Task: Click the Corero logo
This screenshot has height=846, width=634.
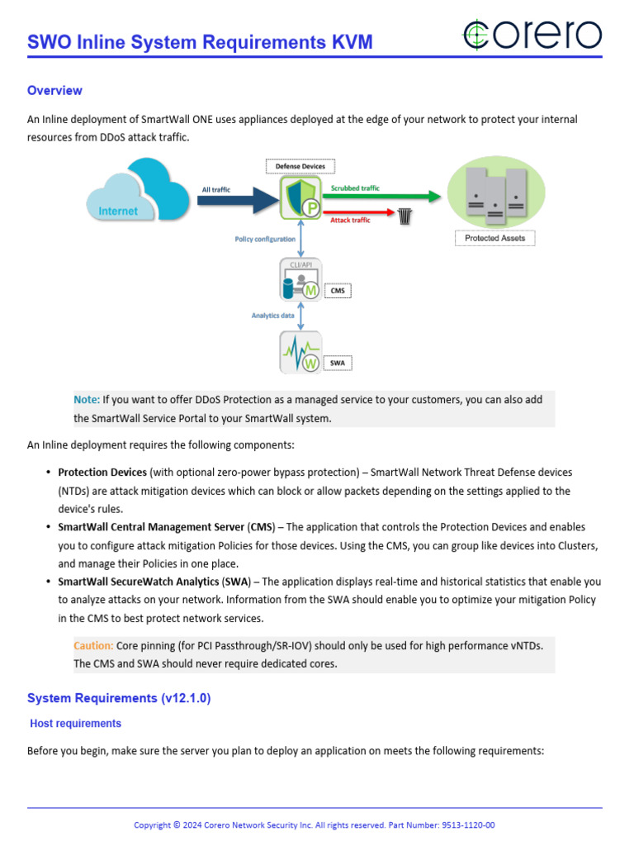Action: [x=532, y=35]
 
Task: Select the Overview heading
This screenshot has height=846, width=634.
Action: [x=54, y=90]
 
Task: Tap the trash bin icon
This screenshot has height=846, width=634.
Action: [x=405, y=216]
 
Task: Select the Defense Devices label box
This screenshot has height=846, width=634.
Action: [x=300, y=166]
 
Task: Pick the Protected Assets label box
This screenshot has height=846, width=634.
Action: [x=494, y=238]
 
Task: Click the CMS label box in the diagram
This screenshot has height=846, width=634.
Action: [x=337, y=291]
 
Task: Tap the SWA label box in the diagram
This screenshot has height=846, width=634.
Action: [x=337, y=363]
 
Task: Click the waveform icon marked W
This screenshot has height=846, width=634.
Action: [x=300, y=353]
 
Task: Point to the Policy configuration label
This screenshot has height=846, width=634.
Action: [x=265, y=239]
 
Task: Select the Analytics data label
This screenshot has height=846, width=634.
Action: [x=274, y=316]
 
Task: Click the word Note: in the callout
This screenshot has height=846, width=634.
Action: [x=87, y=400]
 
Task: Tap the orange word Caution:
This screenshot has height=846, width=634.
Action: [x=93, y=646]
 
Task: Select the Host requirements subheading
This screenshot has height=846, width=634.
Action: [x=75, y=724]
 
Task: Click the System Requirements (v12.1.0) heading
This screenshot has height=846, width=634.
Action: [x=119, y=698]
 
